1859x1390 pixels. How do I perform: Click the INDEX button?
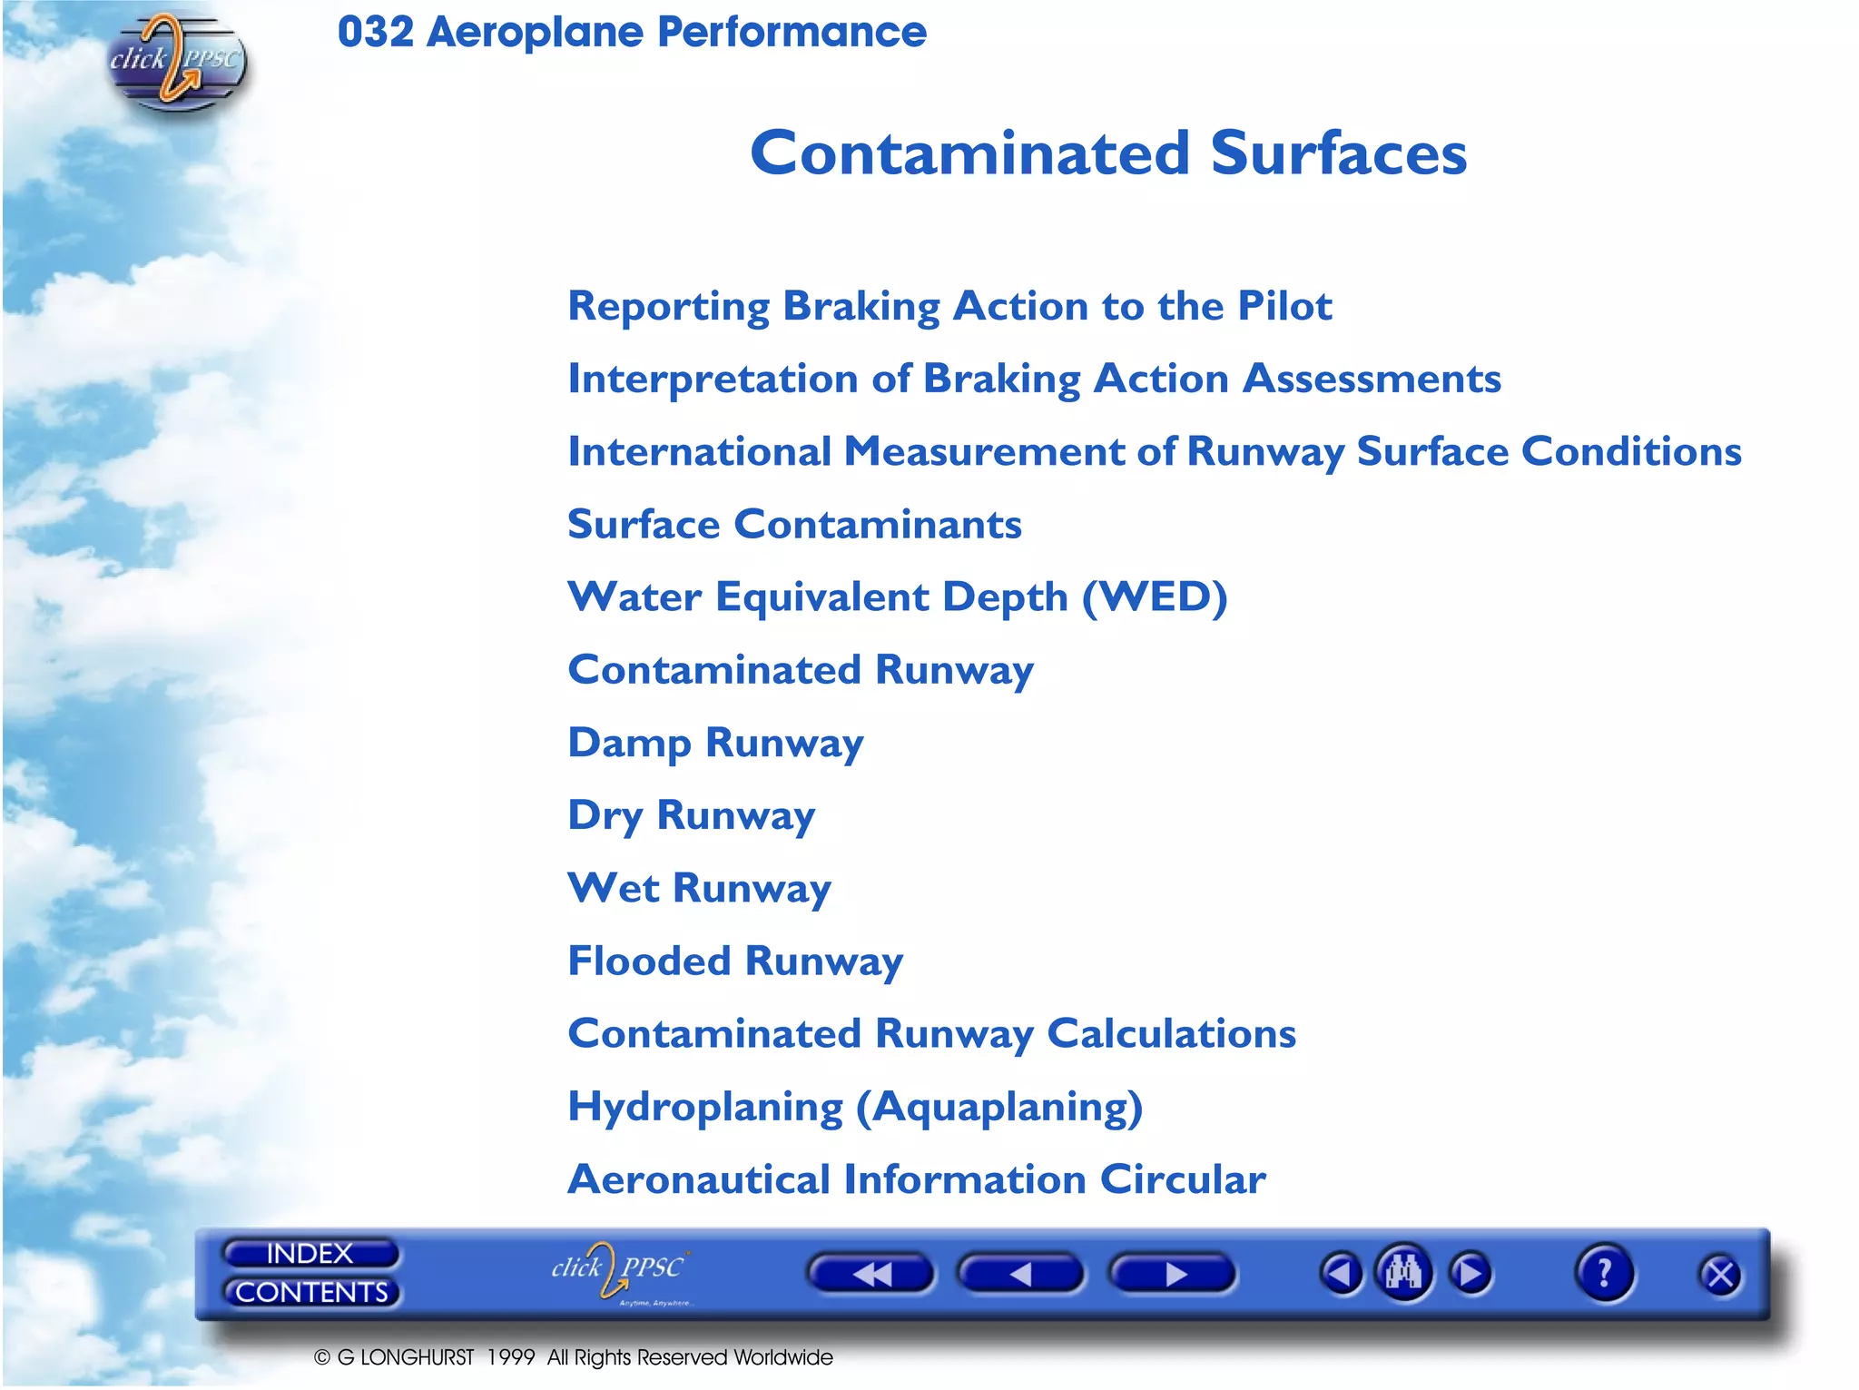[x=310, y=1253]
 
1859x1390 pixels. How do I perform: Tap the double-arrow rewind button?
[x=870, y=1274]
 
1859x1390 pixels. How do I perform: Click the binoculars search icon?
[x=1403, y=1273]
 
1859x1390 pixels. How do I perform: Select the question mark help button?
[x=1604, y=1273]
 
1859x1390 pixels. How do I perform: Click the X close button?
[x=1719, y=1276]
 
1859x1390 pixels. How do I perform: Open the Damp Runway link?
[x=715, y=743]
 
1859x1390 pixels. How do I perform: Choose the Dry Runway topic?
[x=691, y=815]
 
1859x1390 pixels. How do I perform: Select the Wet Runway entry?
[x=699, y=888]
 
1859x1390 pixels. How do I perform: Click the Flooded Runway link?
[x=735, y=961]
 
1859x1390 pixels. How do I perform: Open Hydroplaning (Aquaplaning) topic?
[x=854, y=1107]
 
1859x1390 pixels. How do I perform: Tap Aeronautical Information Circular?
[x=916, y=1179]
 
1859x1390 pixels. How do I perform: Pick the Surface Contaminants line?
[x=794, y=525]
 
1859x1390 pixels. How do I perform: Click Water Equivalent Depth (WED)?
[x=897, y=597]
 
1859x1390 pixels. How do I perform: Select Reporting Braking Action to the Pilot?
[x=949, y=306]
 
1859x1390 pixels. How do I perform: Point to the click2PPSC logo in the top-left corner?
[x=176, y=62]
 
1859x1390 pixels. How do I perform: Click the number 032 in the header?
[x=375, y=32]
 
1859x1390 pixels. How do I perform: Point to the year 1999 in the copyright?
[x=510, y=1357]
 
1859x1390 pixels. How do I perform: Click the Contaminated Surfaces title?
[x=1107, y=153]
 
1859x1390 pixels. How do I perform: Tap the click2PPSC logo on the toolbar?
[x=620, y=1271]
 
